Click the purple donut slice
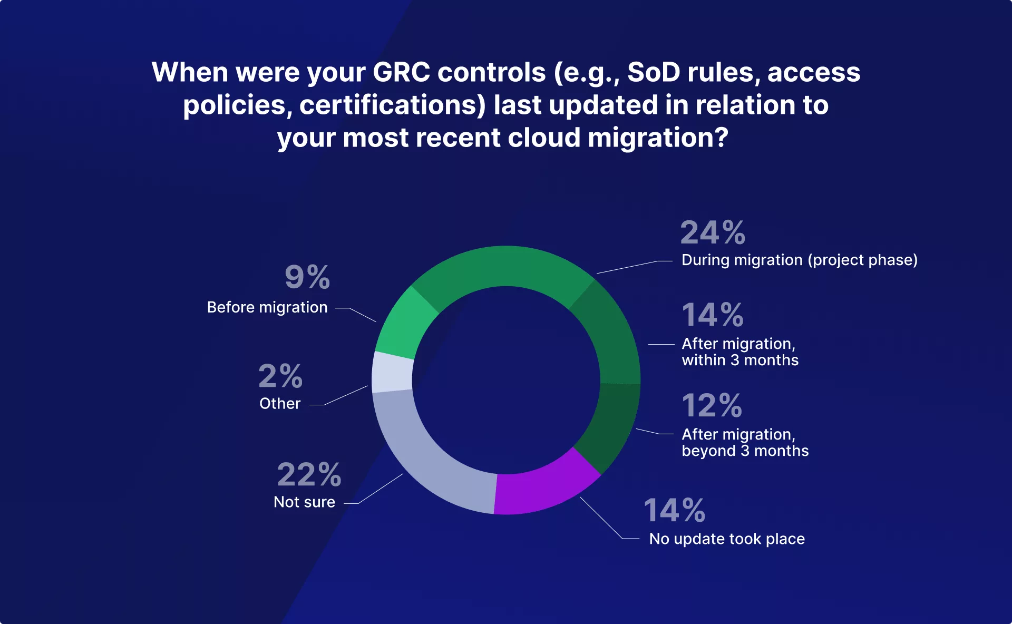click(546, 487)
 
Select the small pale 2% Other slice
click(392, 372)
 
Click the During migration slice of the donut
click(503, 267)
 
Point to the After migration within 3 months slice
click(611, 332)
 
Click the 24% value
click(713, 232)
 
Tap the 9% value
click(307, 277)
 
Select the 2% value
click(280, 376)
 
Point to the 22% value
click(309, 474)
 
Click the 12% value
click(712, 405)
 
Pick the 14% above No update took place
click(675, 510)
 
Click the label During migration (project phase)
click(800, 260)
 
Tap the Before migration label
click(267, 307)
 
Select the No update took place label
click(727, 539)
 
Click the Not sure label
click(304, 502)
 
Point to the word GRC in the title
click(401, 72)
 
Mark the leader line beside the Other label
click(338, 395)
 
